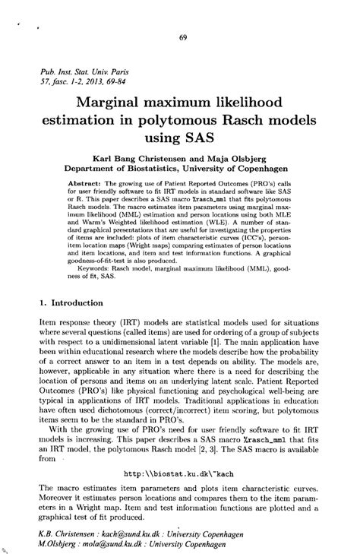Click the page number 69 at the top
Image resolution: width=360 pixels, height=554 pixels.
(183, 38)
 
